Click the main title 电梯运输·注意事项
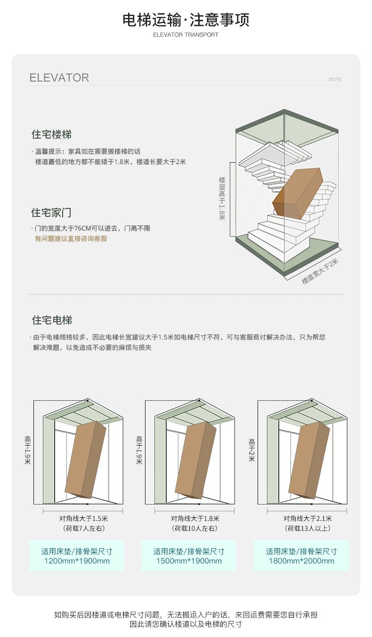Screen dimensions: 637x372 point(186,20)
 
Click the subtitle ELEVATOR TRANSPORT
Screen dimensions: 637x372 point(186,35)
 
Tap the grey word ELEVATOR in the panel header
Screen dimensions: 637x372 point(59,78)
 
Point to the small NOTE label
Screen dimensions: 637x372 point(335,80)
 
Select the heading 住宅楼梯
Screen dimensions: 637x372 point(52,134)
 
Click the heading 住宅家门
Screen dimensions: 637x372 point(51,212)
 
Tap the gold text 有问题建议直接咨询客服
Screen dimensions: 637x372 point(71,239)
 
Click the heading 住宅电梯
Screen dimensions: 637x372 point(52,320)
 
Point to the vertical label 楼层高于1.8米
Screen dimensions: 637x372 point(222,198)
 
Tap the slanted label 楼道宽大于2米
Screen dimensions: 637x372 point(320,272)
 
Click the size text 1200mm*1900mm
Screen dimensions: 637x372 point(77,561)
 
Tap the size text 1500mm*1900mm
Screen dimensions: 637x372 point(189,561)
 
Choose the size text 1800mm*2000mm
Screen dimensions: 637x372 point(301,561)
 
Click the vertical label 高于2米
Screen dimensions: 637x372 point(252,450)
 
